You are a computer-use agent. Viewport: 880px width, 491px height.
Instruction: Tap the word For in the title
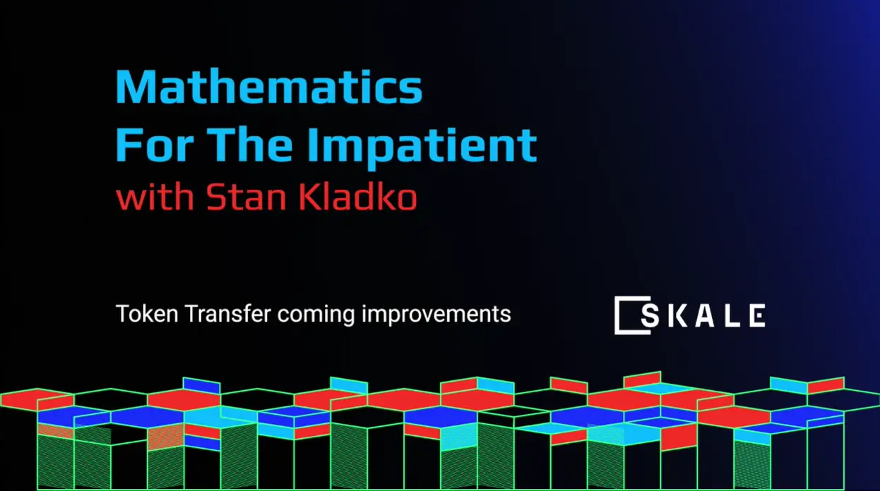tap(147, 145)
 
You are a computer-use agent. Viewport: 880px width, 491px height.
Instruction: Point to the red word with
tap(155, 199)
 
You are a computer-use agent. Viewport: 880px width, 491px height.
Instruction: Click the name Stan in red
tap(246, 199)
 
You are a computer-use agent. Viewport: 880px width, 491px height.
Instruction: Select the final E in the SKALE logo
tap(756, 315)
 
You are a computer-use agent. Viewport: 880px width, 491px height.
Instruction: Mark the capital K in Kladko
tap(308, 199)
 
